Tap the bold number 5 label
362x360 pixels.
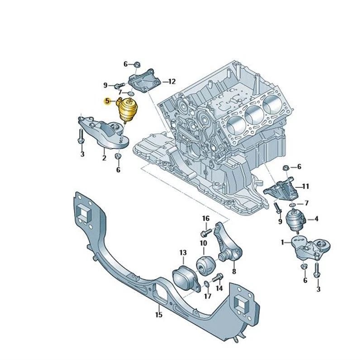[107, 101]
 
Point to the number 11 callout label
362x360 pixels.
[305, 186]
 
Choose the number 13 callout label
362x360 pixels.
[183, 252]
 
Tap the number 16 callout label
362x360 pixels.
[206, 219]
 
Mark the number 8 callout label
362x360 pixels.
[234, 272]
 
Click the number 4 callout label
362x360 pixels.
[316, 219]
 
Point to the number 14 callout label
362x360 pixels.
[219, 288]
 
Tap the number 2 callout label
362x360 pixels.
[104, 158]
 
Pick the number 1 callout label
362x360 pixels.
[283, 242]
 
